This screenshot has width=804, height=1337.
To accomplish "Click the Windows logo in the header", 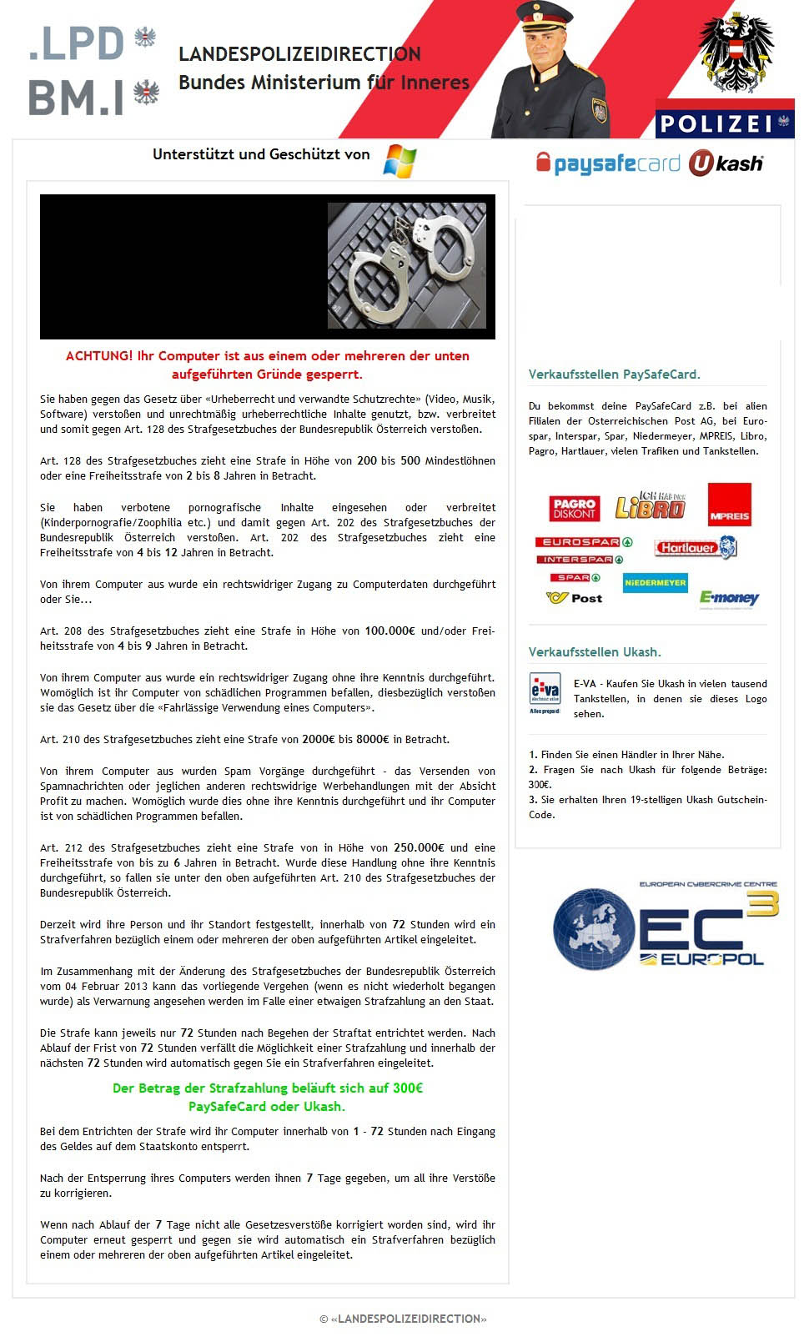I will click(x=400, y=160).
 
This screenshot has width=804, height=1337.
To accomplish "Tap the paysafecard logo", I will click(x=608, y=163).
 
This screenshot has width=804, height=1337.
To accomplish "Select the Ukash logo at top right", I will click(x=726, y=163).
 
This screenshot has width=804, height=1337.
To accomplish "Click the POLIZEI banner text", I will click(x=716, y=124).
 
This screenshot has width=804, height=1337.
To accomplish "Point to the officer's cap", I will click(x=543, y=16).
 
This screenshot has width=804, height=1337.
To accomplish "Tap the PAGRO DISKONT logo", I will click(x=575, y=508).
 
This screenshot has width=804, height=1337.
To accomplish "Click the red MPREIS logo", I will click(x=729, y=505).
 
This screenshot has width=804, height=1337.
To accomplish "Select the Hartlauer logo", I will click(x=696, y=548).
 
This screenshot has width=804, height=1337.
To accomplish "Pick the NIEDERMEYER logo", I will click(x=655, y=582).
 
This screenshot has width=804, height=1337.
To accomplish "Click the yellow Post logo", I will click(x=575, y=598).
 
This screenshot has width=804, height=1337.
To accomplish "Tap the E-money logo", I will click(x=729, y=598).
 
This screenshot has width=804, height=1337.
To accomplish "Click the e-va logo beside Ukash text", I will click(x=545, y=692).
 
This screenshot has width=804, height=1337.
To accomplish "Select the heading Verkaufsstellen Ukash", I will click(x=595, y=652).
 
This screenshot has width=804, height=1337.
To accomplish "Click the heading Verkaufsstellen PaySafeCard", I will click(x=615, y=374).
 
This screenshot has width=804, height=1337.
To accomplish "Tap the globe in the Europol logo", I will click(x=593, y=928).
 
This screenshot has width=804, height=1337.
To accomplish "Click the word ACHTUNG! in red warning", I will click(x=99, y=356).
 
